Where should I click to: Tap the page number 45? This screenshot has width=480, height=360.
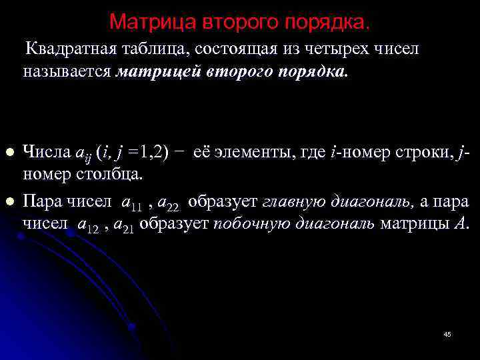click(447, 333)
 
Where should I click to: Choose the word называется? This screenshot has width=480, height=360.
click(67, 71)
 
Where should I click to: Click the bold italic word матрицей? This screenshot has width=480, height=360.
click(153, 71)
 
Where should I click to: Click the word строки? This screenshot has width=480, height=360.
click(427, 153)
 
